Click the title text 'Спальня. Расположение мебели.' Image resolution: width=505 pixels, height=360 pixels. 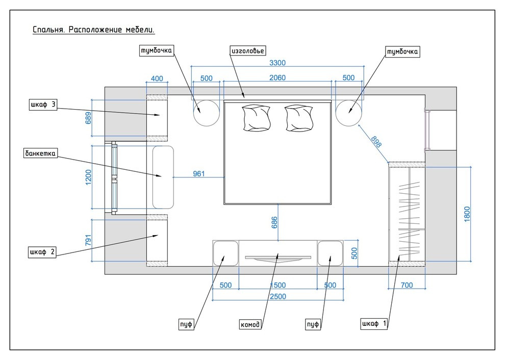point(93,30)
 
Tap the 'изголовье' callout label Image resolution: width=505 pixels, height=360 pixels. point(248,50)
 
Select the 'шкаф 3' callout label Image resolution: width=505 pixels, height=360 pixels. point(43,105)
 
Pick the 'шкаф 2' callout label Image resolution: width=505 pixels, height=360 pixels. point(43,251)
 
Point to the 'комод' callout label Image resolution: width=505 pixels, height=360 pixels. point(250,324)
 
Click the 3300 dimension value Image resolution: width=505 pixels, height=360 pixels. point(277,63)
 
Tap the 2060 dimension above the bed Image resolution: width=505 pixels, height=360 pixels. point(277,78)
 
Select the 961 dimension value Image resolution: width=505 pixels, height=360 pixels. point(199,174)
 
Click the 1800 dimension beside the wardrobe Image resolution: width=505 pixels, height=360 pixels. point(466,213)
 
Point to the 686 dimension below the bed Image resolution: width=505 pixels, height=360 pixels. point(274,222)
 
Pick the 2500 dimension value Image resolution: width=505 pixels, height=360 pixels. point(277,296)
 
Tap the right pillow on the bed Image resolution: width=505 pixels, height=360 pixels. point(298,118)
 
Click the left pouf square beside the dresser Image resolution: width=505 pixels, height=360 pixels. point(225,253)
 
